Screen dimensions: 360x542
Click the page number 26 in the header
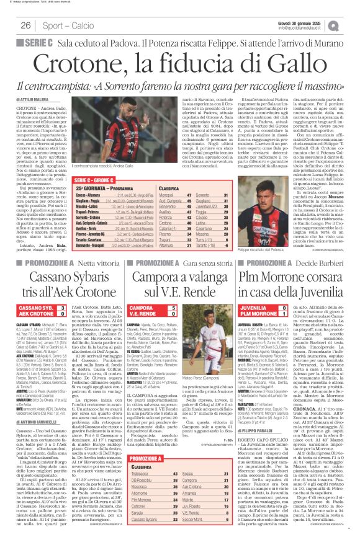point(26,25)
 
